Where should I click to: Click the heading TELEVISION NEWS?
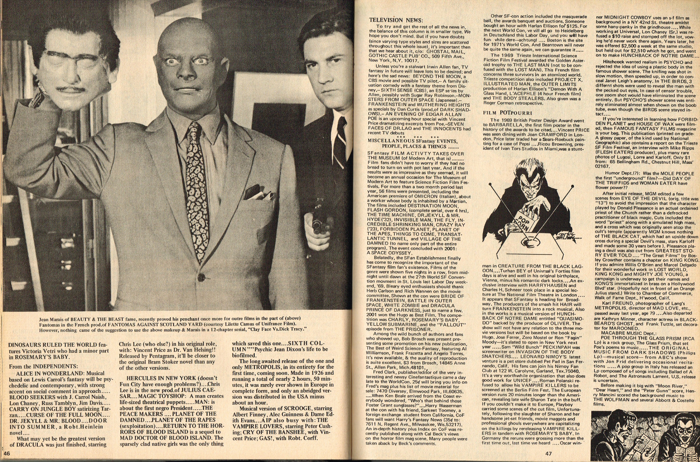pos(396,20)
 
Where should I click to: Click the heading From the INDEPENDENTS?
pos(44,366)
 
